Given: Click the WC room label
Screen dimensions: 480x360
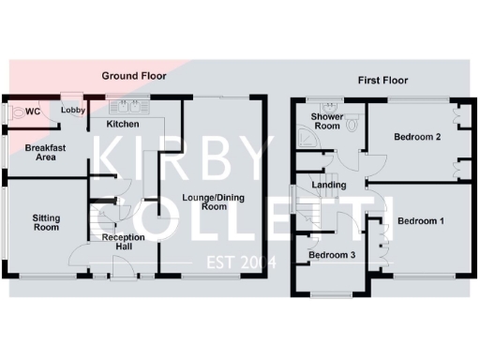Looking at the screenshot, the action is pos(33,112).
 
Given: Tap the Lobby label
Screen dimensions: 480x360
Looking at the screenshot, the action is pos(73,111).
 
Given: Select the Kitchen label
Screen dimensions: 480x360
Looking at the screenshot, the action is pos(123,124).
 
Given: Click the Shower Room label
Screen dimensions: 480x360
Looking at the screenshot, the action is pos(327,121).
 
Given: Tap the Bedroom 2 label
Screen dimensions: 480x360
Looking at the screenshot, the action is pos(417,138).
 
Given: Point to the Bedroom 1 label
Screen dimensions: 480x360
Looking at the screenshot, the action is pos(421,221).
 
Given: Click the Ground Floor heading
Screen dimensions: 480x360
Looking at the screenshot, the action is pos(135,76).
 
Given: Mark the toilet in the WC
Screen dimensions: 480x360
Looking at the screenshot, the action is pos(19,112).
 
